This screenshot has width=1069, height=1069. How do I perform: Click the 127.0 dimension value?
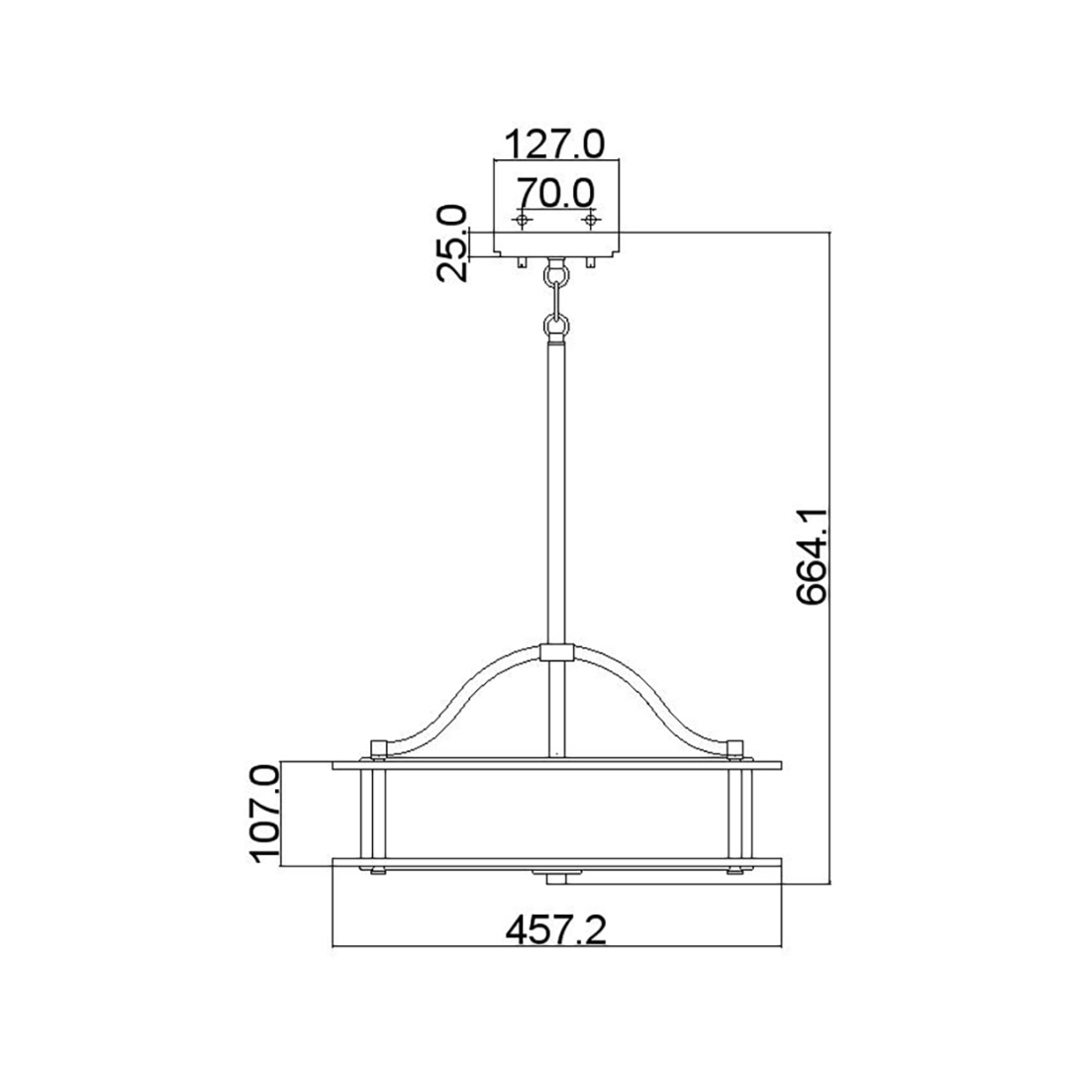555,145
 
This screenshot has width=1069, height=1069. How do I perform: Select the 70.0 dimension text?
555,193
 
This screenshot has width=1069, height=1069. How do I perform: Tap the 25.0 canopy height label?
452,243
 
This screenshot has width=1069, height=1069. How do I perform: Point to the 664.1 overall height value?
812,555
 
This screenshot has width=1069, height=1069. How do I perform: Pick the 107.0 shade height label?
266,814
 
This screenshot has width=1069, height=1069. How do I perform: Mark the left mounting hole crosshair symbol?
523,220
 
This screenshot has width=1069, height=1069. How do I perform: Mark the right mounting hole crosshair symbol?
590,220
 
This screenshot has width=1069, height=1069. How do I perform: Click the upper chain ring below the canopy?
556,275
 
